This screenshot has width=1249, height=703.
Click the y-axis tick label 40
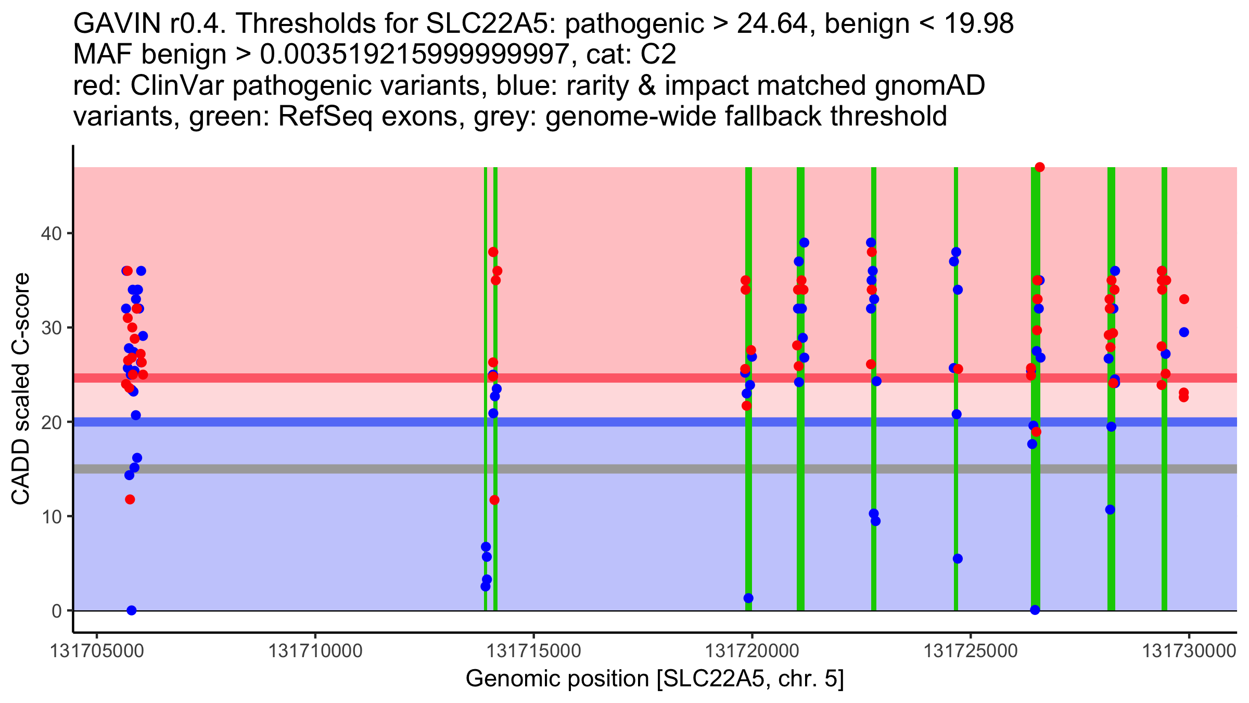(x=50, y=233)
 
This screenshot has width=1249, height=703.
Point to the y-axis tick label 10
(x=50, y=517)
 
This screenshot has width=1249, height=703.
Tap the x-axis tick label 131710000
(x=315, y=651)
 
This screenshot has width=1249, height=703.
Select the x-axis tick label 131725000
(x=970, y=651)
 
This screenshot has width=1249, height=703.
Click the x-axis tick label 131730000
(x=1189, y=651)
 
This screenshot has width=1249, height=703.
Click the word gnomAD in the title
(x=929, y=86)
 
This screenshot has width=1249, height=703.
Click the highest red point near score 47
(x=1040, y=167)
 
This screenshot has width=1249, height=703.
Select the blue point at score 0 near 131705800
(x=132, y=610)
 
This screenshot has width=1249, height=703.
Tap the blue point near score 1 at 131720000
(x=748, y=598)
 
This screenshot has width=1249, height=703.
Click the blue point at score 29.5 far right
(x=1184, y=332)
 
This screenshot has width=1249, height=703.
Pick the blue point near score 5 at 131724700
(x=958, y=559)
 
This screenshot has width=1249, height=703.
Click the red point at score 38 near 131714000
(x=493, y=252)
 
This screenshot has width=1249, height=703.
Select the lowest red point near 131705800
(x=130, y=499)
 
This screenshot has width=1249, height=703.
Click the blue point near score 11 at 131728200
(x=1110, y=509)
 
